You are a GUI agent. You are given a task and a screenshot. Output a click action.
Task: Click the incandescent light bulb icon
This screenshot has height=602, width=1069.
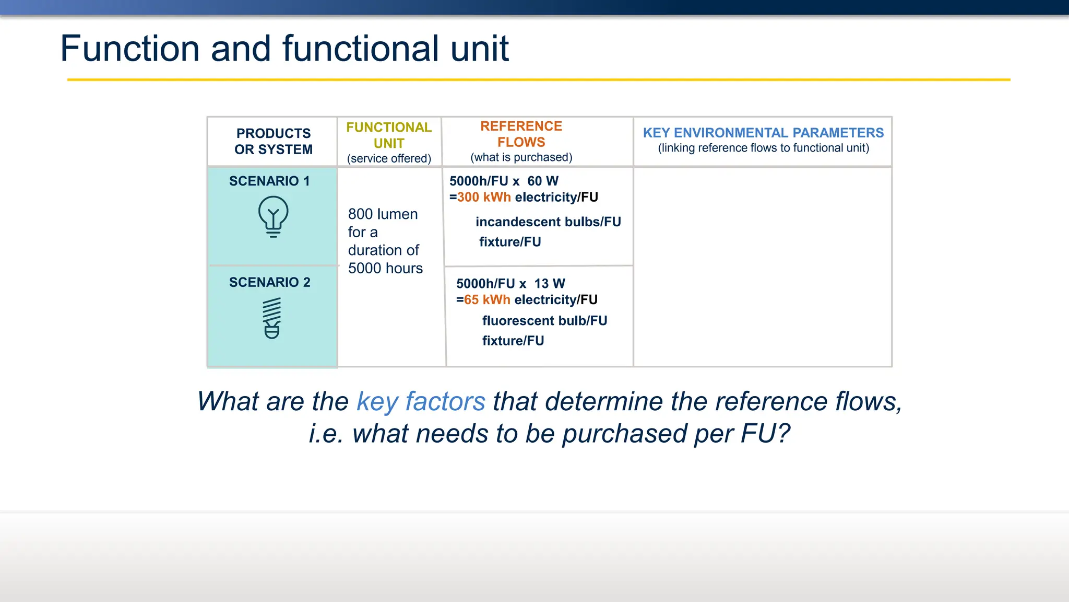click(273, 216)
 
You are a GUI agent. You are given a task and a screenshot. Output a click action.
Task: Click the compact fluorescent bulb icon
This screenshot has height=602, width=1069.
click(272, 318)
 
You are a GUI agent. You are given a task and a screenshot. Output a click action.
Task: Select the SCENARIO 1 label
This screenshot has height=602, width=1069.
click(269, 181)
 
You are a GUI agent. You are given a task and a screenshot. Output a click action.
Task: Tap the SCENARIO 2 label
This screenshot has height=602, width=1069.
click(269, 283)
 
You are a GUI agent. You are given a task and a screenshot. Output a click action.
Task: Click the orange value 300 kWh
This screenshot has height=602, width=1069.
click(484, 198)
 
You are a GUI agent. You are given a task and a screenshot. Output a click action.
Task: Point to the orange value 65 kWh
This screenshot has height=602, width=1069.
click(487, 300)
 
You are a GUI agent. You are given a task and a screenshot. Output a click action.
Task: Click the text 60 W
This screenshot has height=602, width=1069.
click(543, 181)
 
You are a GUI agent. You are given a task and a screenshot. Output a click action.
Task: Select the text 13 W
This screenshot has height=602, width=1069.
click(550, 284)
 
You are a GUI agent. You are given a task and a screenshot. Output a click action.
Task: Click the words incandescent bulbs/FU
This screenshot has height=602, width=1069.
click(548, 222)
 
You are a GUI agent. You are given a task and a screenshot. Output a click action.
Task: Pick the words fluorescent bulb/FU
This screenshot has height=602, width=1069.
click(544, 321)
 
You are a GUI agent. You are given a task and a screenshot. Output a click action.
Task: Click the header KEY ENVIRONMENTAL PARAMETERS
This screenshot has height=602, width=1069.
click(763, 133)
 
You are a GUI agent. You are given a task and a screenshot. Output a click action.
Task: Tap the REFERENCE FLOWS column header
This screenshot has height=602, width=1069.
click(521, 134)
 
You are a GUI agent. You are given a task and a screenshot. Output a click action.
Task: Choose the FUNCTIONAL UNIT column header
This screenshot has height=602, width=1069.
click(389, 135)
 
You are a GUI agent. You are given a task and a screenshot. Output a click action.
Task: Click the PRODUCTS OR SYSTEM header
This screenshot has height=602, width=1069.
click(273, 142)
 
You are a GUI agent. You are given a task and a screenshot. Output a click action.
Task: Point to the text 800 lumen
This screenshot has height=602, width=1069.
click(383, 214)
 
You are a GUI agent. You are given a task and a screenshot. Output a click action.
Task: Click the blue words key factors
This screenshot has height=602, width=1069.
click(421, 402)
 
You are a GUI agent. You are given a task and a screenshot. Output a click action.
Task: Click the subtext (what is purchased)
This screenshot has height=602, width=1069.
click(521, 157)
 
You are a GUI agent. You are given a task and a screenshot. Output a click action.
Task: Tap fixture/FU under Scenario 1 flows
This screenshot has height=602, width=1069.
click(510, 242)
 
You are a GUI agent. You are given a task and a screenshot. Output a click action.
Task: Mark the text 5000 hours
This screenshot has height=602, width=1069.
click(385, 269)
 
